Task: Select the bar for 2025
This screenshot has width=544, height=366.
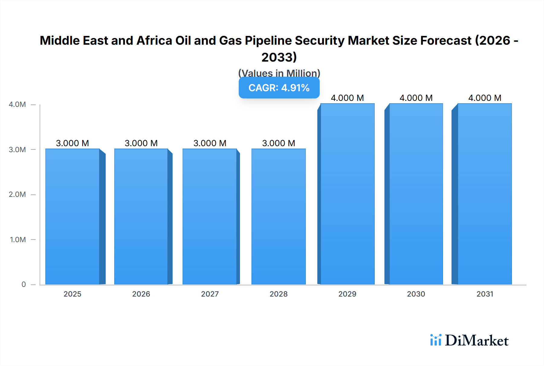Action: coord(73,216)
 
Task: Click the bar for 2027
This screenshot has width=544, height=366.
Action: coord(210,216)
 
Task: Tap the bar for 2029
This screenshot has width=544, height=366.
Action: coord(348,194)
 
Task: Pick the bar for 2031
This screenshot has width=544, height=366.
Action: coord(485,194)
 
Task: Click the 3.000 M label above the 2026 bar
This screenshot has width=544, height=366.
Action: coord(141,143)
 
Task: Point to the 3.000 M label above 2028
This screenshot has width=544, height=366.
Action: coord(278,143)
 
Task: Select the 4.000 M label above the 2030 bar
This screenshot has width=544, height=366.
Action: coord(416,98)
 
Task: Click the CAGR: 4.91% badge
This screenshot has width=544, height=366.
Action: coord(279,88)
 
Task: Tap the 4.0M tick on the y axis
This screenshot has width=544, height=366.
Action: coord(17,104)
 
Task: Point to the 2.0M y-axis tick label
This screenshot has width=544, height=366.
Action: coord(17,194)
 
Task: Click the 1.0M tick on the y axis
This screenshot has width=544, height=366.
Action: coord(18,239)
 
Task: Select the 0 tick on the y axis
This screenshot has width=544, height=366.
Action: coord(24,284)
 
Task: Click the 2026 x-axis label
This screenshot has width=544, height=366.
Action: coord(141,294)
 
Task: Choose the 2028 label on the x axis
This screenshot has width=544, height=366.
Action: coord(278,294)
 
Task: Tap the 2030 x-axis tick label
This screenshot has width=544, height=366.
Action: coord(416,294)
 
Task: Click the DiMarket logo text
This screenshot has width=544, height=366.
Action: coord(477,341)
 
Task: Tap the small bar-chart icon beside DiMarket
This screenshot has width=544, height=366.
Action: coord(436,340)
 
